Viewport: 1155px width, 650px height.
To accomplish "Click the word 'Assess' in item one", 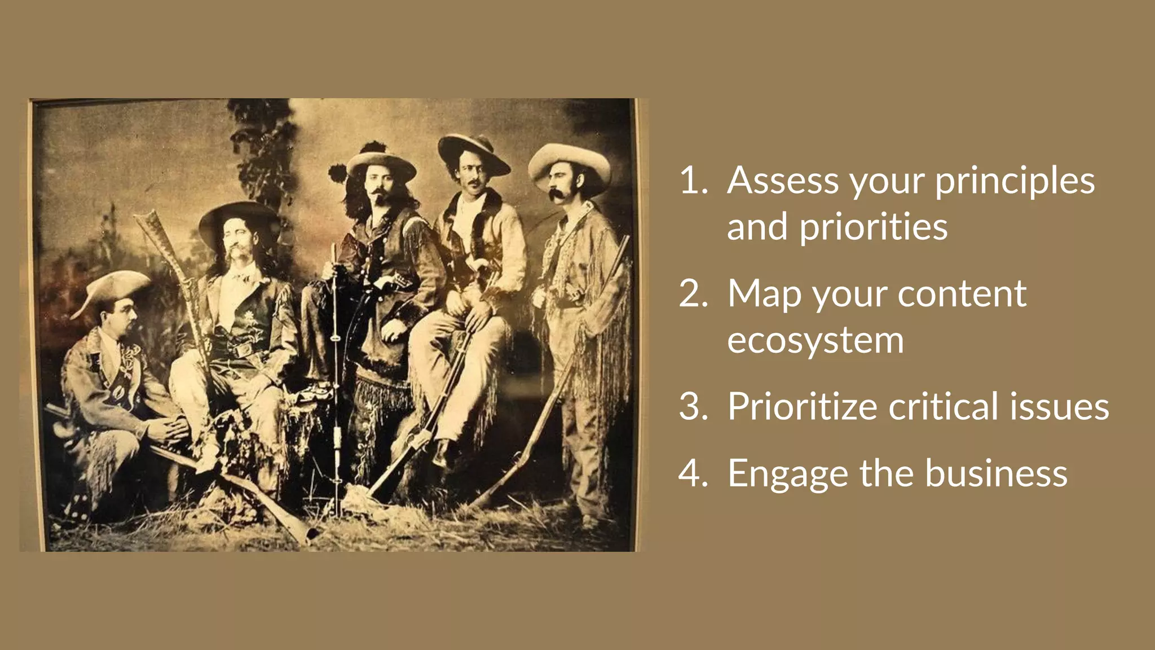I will tap(783, 181).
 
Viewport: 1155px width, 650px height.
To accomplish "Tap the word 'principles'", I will tap(1015, 182).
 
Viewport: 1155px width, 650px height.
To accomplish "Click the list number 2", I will tap(693, 293).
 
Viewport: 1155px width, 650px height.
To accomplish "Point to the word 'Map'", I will tap(764, 295).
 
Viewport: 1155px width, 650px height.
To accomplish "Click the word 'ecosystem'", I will tap(815, 340).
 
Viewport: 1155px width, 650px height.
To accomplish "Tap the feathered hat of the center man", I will tap(378, 161).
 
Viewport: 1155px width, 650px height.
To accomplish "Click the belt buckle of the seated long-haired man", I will tap(243, 350).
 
